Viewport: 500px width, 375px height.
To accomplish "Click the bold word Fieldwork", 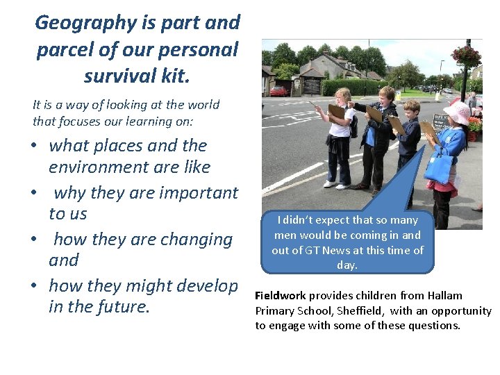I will (x=281, y=295).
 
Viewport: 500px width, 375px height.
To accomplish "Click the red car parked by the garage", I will (x=279, y=91).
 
